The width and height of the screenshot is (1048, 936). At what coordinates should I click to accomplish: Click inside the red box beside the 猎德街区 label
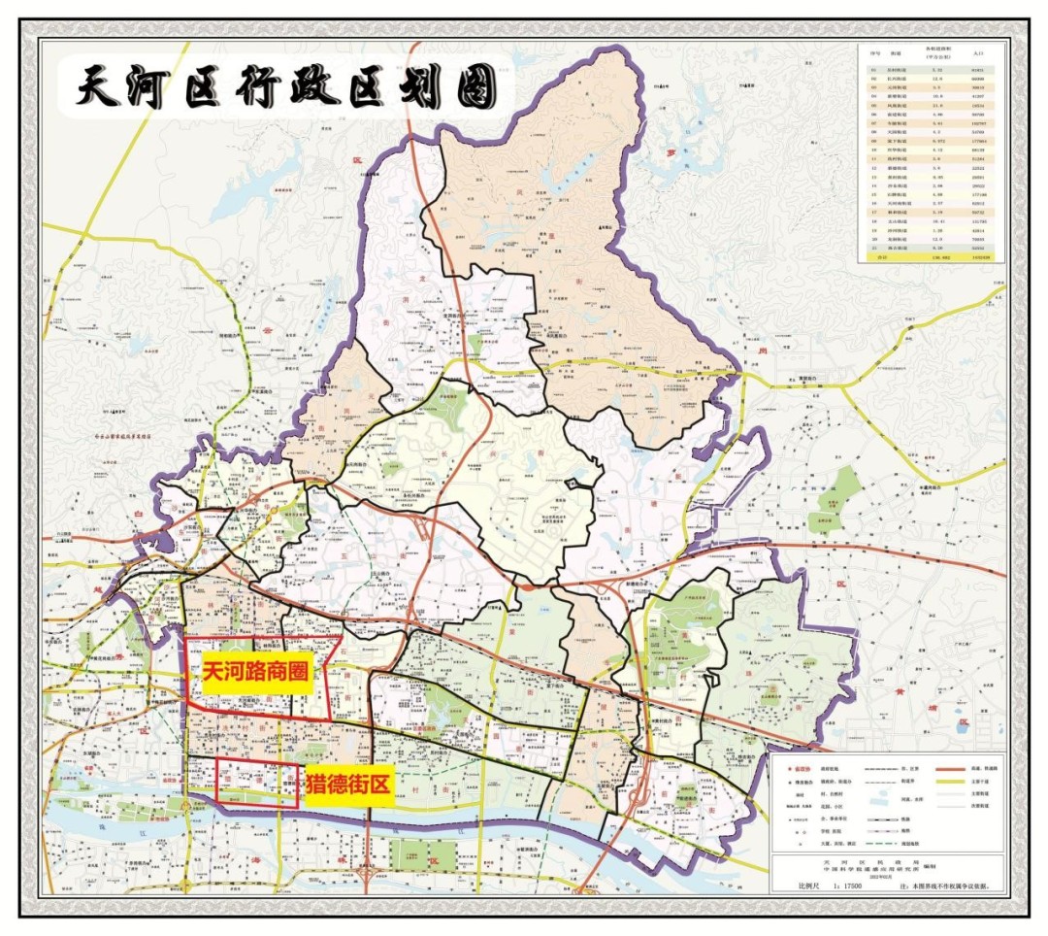click(x=256, y=783)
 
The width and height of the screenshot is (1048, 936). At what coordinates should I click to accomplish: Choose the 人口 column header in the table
click(x=981, y=56)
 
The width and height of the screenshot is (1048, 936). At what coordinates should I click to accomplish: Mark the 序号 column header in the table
click(x=873, y=56)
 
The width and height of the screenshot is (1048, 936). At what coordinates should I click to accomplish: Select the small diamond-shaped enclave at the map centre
click(x=578, y=483)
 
